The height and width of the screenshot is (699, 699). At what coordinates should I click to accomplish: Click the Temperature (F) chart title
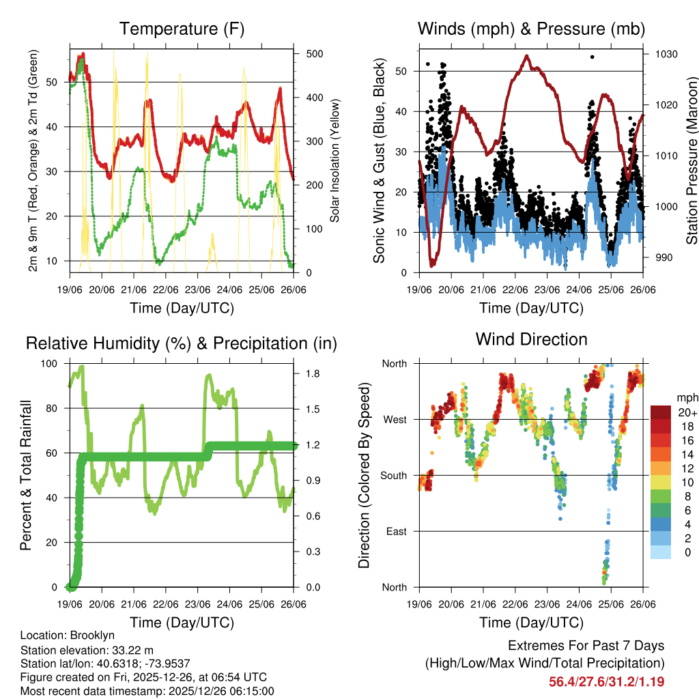182,29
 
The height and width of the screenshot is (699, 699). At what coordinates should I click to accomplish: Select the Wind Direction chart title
531,339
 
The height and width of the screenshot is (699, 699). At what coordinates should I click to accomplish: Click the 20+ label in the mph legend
687,412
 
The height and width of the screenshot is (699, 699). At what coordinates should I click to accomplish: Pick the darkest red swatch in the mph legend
661,412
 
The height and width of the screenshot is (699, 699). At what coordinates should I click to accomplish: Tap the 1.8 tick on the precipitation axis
313,374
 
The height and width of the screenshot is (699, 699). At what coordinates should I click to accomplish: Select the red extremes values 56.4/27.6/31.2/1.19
606,681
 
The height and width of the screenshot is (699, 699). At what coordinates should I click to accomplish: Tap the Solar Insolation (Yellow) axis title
334,160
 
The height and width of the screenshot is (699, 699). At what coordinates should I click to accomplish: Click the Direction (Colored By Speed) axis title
364,475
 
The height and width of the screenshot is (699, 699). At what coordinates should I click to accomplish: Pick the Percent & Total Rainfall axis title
26,475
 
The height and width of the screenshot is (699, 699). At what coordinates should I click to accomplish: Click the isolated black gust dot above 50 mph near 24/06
592,57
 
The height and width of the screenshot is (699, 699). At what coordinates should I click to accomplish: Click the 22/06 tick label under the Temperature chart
166,289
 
